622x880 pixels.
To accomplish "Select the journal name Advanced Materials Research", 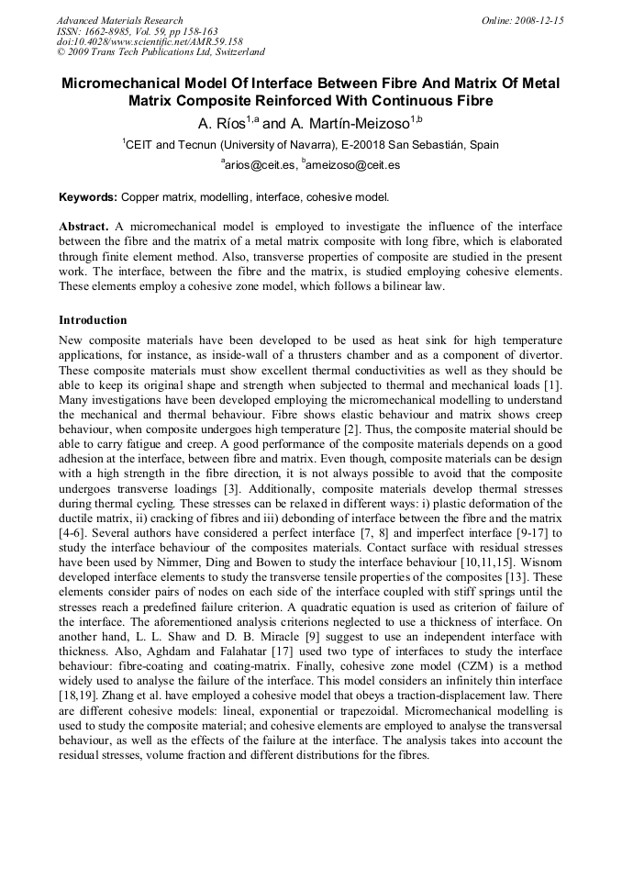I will click(119, 20).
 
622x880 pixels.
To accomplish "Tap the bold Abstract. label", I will click(84, 226).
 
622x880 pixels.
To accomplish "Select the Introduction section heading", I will click(93, 320).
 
